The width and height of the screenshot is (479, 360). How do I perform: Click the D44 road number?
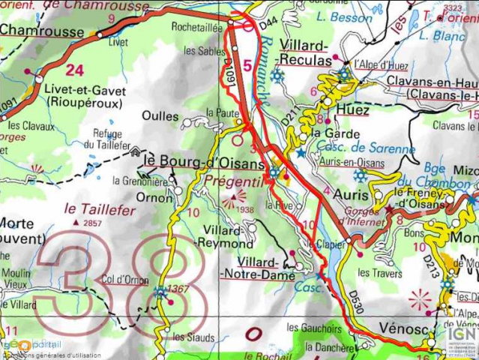coord(268,27)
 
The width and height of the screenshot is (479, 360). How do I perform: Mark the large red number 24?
coord(74,70)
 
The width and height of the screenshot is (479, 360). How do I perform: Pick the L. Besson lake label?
coord(344,16)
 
